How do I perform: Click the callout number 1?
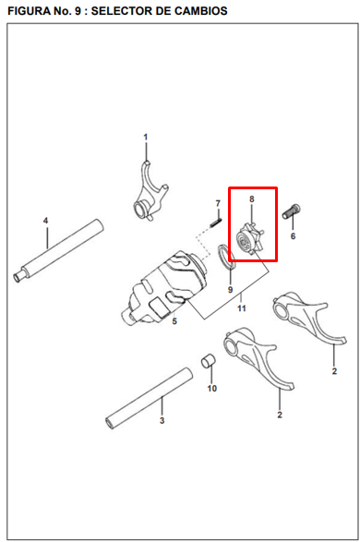click(x=146, y=138)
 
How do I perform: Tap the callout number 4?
click(x=45, y=221)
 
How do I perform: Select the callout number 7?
click(x=218, y=203)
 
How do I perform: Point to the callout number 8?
click(x=251, y=199)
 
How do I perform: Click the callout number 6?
click(x=293, y=236)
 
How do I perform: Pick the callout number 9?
click(x=231, y=290)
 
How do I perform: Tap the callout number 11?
click(x=241, y=308)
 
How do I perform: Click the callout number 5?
click(x=174, y=321)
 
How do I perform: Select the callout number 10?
click(x=211, y=388)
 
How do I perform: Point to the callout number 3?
click(x=162, y=421)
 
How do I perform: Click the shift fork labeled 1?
click(x=150, y=192)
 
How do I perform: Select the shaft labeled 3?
click(x=149, y=398)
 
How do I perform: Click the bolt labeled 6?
click(x=292, y=211)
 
